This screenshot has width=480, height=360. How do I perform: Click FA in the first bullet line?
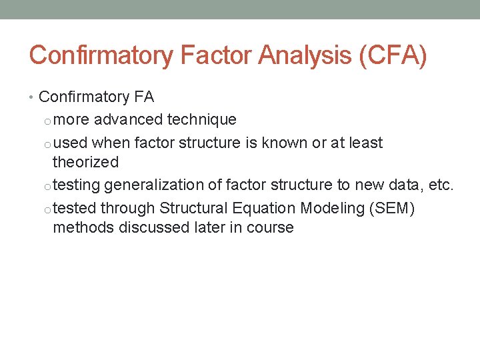pos(143,97)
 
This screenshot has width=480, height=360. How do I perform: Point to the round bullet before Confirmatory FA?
pos(33,97)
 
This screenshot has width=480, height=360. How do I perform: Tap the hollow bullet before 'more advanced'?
pos(46,121)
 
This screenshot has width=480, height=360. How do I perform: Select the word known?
pos(285,143)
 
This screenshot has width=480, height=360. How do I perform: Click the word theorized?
pos(85,162)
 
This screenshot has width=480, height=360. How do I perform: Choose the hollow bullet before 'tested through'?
pos(46,209)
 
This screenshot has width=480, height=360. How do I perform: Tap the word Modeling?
pos(331,209)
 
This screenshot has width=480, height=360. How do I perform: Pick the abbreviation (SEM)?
pos(391,209)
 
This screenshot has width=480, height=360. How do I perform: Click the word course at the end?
pos(271,227)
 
